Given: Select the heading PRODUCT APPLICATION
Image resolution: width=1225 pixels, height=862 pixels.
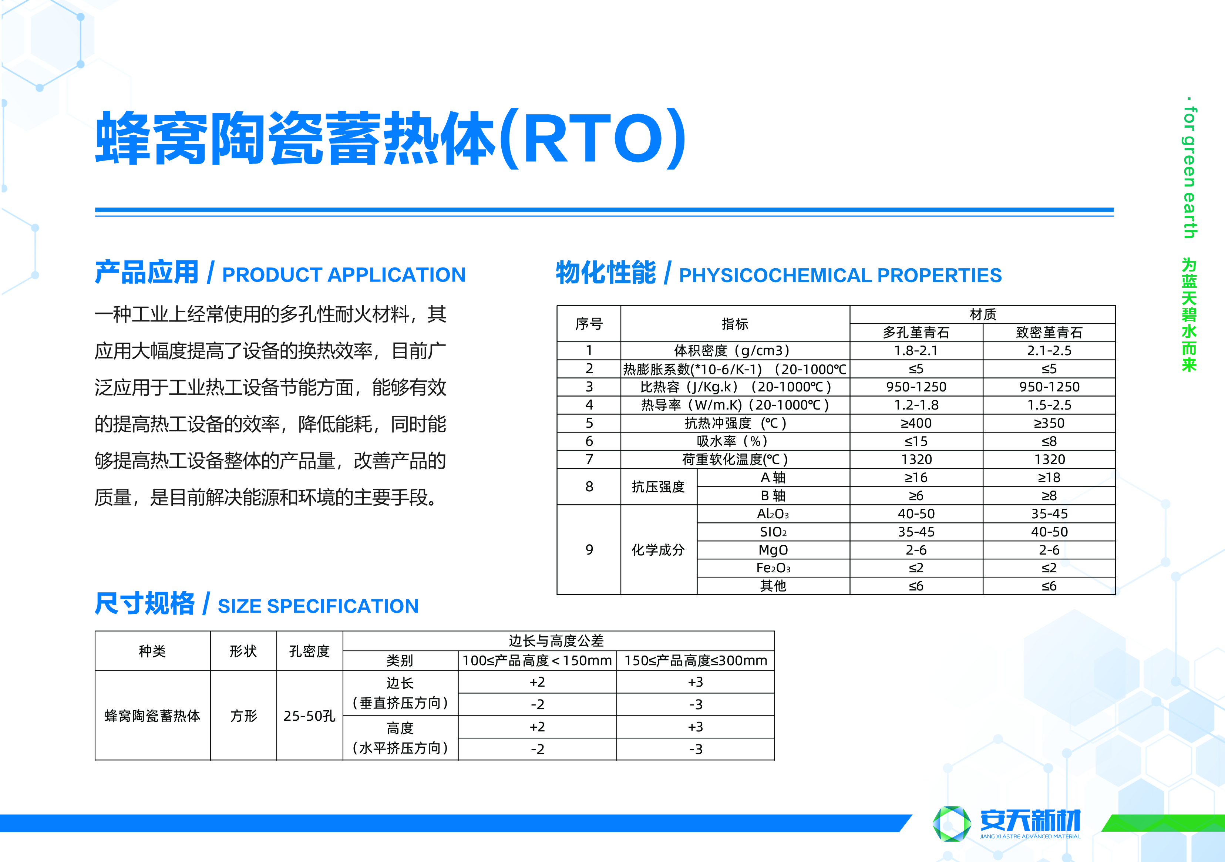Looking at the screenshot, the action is pyautogui.click(x=344, y=275).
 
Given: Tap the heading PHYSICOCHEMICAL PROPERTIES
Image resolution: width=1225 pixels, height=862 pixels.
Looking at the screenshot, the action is pyautogui.click(x=840, y=275).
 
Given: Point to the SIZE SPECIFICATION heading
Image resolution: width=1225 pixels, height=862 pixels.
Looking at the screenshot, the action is pyautogui.click(x=318, y=606).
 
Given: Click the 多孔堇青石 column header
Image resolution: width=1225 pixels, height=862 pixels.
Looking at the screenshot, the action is pyautogui.click(x=916, y=332).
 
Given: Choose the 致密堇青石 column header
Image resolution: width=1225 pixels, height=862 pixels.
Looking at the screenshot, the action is pyautogui.click(x=1049, y=332).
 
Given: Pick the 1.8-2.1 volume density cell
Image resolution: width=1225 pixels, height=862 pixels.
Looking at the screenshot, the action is pyautogui.click(x=916, y=350).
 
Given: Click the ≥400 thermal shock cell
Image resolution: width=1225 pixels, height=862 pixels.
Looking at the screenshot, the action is pyautogui.click(x=916, y=423).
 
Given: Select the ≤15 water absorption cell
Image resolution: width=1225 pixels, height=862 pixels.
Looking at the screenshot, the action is pyautogui.click(x=916, y=441).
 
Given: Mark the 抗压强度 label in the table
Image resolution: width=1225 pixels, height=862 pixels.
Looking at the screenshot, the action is pyautogui.click(x=658, y=486).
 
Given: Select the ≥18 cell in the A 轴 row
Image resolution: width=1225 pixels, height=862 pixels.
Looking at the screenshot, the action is pyautogui.click(x=1049, y=477).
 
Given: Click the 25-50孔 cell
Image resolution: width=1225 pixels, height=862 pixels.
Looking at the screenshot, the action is pyautogui.click(x=309, y=716).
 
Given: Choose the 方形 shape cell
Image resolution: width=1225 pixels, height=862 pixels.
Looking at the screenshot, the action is pyautogui.click(x=243, y=716).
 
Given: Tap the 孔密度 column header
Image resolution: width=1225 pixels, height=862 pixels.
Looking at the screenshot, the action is pyautogui.click(x=309, y=651).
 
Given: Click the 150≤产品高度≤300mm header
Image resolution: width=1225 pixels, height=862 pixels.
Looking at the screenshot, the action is pyautogui.click(x=696, y=660).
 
